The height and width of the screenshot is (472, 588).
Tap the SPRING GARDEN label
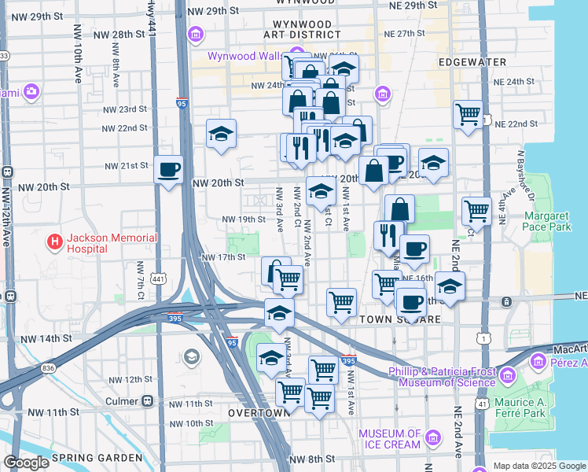tap(96, 458)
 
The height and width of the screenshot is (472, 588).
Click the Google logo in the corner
tap(27, 463)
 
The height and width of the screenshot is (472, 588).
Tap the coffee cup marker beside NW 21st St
tap(168, 169)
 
